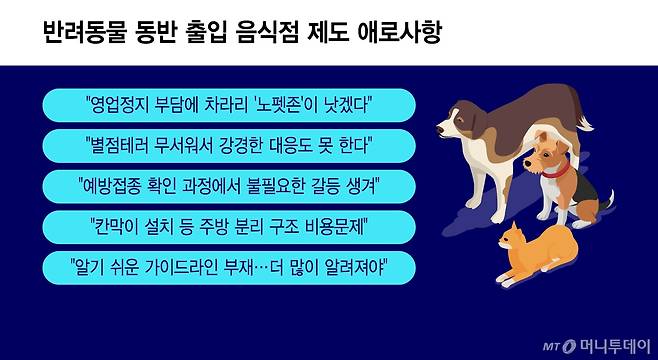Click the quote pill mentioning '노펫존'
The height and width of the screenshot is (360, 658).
(x=230, y=105)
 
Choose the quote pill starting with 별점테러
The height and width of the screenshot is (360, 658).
(x=230, y=146)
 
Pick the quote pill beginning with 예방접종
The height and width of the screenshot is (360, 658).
(x=230, y=186)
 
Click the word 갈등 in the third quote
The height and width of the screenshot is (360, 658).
(x=317, y=186)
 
